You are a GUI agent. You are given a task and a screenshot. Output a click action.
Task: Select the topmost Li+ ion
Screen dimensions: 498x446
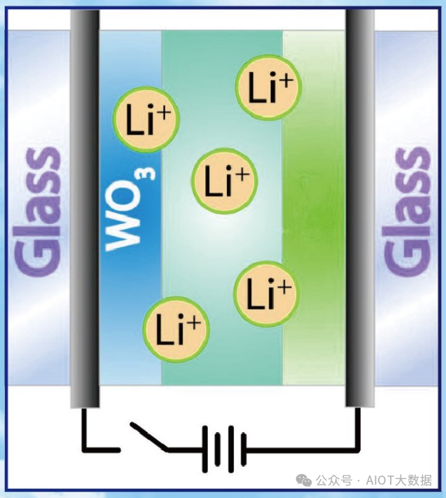click(267, 88)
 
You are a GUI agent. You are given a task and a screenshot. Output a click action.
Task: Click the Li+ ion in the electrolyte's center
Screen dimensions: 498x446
click(224, 179)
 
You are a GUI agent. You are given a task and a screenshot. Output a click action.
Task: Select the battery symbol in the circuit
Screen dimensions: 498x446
click(224, 447)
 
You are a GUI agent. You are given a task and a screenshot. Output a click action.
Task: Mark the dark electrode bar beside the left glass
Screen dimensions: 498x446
click(85, 210)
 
